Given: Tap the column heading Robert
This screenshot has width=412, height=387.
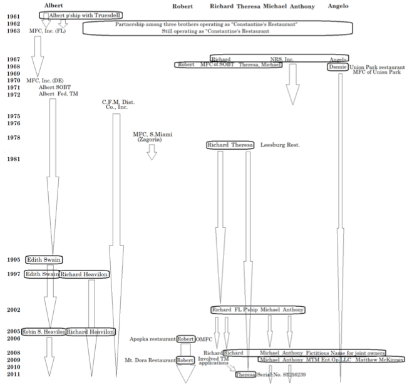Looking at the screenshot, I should [182, 6].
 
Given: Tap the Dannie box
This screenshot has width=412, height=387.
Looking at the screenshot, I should [337, 66].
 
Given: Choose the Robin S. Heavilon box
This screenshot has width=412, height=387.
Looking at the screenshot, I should [44, 332].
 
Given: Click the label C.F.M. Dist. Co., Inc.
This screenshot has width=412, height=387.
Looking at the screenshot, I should [118, 105].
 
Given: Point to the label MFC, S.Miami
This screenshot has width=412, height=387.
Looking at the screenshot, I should [153, 135].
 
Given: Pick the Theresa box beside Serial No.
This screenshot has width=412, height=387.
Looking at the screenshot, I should [245, 374].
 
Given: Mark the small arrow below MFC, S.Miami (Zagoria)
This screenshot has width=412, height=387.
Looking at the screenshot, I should [151, 152].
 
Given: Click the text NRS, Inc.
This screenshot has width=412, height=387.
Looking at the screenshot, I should [282, 59].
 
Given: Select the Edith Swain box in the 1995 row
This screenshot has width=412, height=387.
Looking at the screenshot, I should [44, 260].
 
